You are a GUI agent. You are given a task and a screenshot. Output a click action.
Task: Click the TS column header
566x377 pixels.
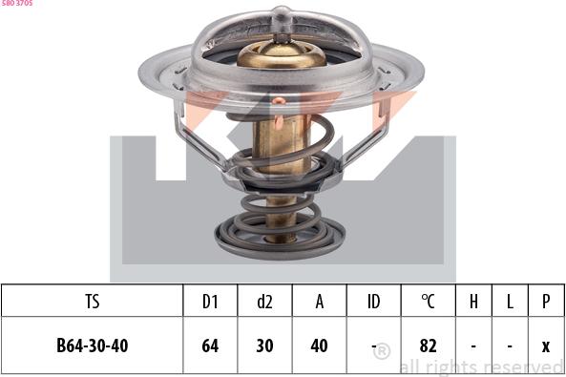coord(93,302)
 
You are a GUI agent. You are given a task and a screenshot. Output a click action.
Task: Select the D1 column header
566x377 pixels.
coord(210,302)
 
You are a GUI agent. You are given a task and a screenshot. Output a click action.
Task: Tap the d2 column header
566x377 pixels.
coord(264,302)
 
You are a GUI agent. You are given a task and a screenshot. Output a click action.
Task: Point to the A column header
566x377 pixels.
coord(320,302)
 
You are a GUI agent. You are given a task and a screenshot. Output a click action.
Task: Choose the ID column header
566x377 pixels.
coord(373,302)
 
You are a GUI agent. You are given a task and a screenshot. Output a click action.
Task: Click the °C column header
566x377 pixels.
coord(429,302)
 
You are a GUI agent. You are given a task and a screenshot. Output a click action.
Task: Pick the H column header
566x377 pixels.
coord(473,302)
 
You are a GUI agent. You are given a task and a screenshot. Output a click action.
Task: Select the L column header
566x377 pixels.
coord(510,302)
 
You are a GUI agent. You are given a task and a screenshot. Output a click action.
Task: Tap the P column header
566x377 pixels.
coord(546,302)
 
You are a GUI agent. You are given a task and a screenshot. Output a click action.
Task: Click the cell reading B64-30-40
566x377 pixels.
coord(93,346)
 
